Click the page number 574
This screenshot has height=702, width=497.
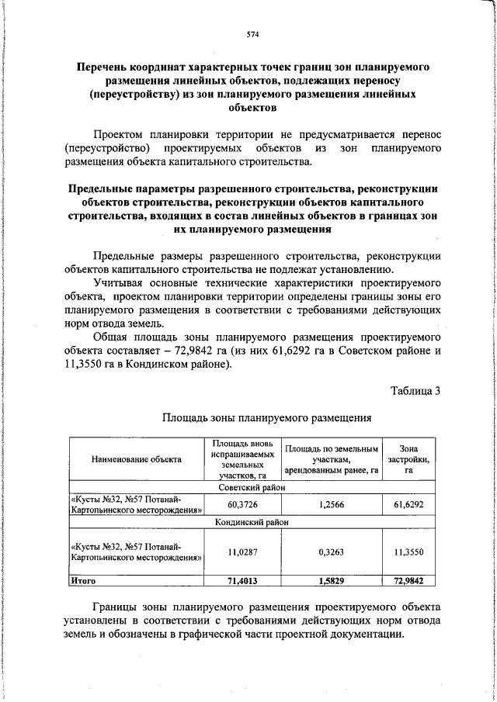[x=252, y=35]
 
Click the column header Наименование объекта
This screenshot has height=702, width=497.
[x=136, y=459]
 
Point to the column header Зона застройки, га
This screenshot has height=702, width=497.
[x=408, y=459]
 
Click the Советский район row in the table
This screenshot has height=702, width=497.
[x=252, y=488]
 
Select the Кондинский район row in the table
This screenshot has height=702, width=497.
[x=252, y=523]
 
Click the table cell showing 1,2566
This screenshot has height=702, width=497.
[x=332, y=504]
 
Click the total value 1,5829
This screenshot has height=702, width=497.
[x=332, y=580]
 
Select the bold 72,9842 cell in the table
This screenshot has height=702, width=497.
[x=408, y=580]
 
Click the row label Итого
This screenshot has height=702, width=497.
[x=83, y=580]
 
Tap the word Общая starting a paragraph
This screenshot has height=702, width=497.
[x=112, y=338]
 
